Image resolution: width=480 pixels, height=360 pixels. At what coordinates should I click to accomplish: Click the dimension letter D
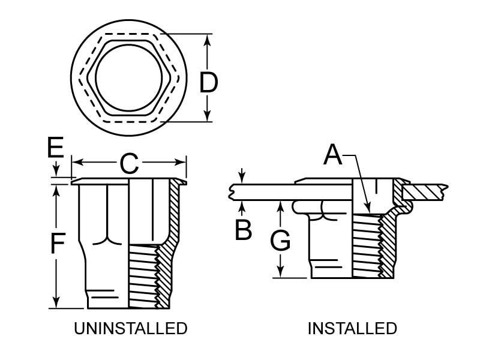point(208,83)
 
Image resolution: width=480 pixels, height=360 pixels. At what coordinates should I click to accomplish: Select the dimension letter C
point(130,164)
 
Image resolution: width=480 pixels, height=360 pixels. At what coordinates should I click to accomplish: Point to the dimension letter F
point(57,244)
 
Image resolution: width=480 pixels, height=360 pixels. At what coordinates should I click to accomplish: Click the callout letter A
point(333,155)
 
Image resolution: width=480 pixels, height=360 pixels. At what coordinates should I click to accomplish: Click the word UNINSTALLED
point(130,329)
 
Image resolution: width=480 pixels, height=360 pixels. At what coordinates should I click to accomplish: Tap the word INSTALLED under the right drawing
point(352,329)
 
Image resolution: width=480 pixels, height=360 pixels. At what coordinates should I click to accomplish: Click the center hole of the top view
point(128,76)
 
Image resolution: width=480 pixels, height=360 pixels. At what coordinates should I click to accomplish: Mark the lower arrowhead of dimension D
point(208,118)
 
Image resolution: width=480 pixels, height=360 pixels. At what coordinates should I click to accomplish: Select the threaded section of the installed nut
point(365,246)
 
